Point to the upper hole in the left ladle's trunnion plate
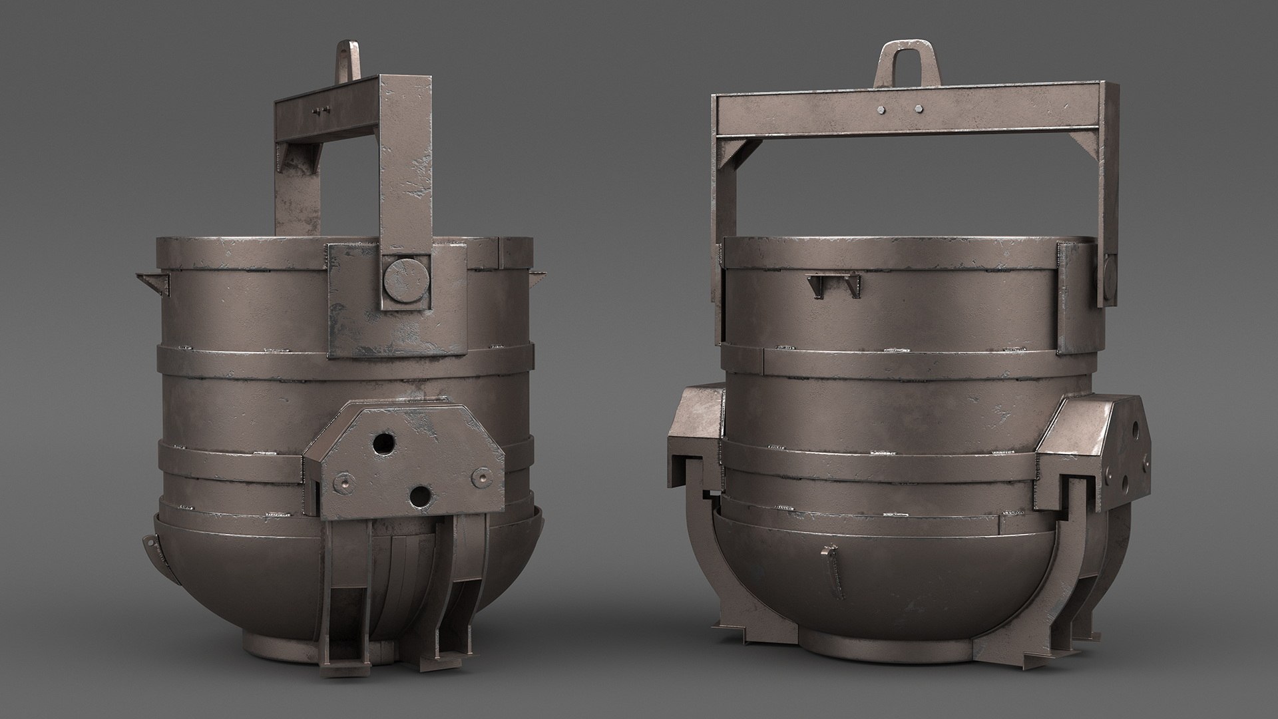(x=383, y=443)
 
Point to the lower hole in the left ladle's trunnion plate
(x=419, y=495)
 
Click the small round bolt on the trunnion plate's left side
(x=342, y=480)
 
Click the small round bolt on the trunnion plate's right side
(x=481, y=475)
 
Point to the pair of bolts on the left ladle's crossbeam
(x=319, y=111)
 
